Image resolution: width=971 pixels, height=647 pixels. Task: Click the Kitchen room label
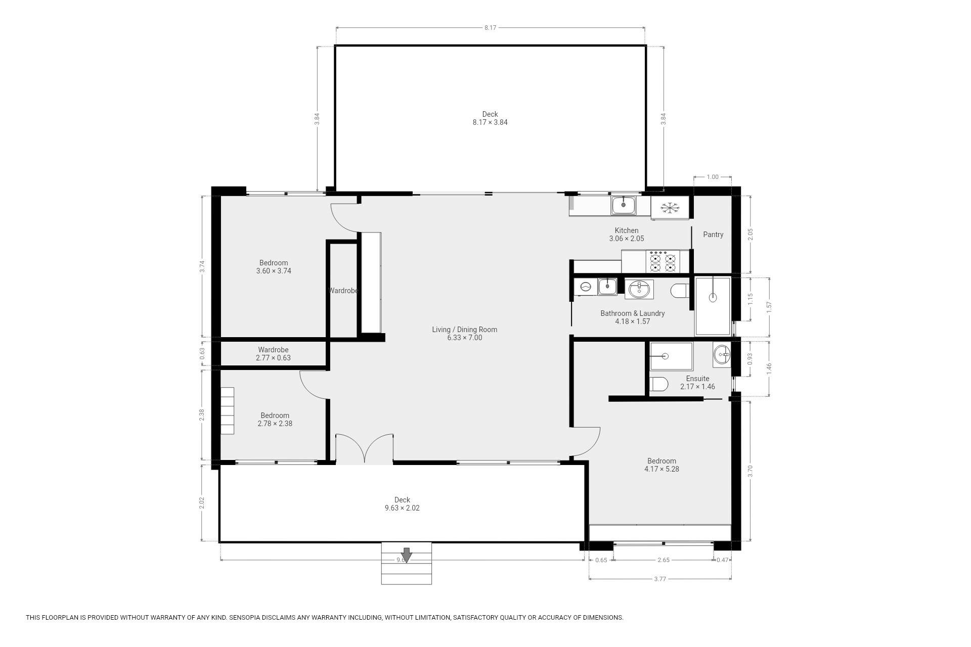(627, 230)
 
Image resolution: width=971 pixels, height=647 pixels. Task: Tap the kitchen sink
(624, 205)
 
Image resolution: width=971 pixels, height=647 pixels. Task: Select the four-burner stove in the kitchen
(663, 262)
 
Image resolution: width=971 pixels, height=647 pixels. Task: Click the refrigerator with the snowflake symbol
(670, 207)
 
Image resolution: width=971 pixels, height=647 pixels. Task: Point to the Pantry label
(713, 235)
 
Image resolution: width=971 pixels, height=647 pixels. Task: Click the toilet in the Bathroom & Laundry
(680, 291)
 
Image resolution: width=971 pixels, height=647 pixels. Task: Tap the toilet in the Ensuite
(659, 384)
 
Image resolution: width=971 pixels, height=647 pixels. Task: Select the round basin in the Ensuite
(722, 354)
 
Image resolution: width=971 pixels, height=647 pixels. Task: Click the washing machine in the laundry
(586, 287)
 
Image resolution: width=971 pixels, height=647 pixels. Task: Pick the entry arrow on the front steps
(406, 554)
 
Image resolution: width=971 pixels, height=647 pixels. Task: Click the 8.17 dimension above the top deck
(490, 28)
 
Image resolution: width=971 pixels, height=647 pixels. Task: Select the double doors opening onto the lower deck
(364, 448)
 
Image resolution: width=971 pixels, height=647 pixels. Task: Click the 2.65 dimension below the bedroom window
(663, 560)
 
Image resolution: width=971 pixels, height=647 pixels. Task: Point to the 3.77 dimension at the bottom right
(660, 579)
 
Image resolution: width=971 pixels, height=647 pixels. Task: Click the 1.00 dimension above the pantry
(712, 177)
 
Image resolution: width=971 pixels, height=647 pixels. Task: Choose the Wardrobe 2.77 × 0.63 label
(273, 354)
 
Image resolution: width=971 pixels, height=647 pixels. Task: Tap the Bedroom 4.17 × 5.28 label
(661, 465)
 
